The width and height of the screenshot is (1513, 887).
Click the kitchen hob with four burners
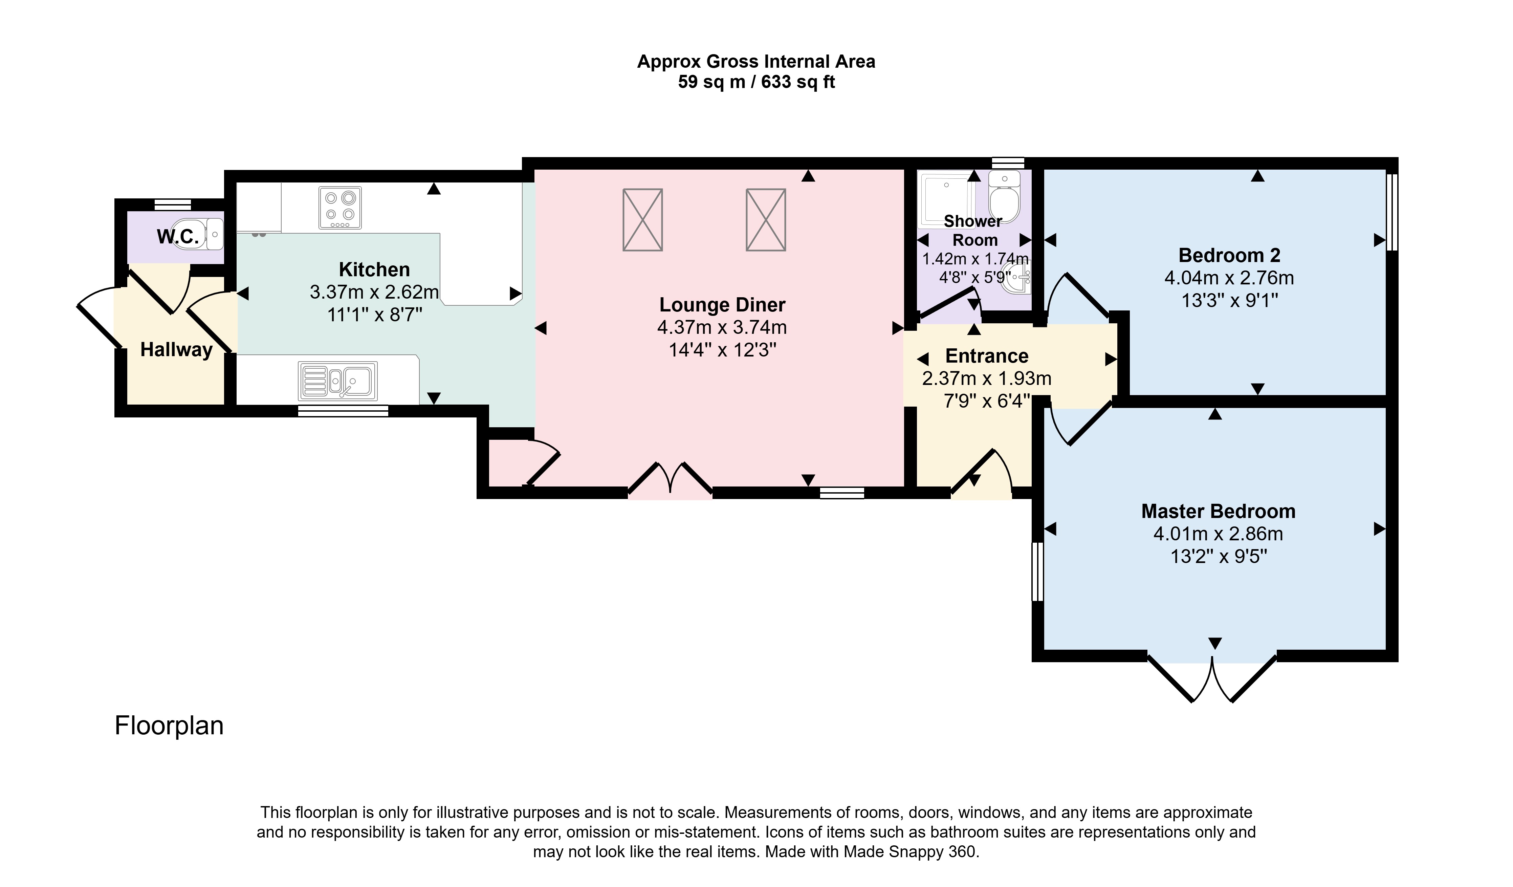[x=340, y=208]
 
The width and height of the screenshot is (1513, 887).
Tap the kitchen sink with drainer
[x=337, y=381]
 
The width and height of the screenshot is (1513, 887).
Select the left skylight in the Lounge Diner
[x=642, y=220]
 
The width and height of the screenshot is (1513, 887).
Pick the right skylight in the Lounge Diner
[x=766, y=220]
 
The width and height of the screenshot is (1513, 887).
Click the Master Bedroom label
[x=1218, y=511]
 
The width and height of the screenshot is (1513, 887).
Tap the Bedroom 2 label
[x=1229, y=255]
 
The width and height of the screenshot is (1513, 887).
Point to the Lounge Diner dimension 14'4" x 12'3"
[x=722, y=349]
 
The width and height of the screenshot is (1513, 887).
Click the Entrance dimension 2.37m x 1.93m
[x=986, y=378]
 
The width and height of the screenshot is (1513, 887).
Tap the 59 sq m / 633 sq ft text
[x=756, y=82]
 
